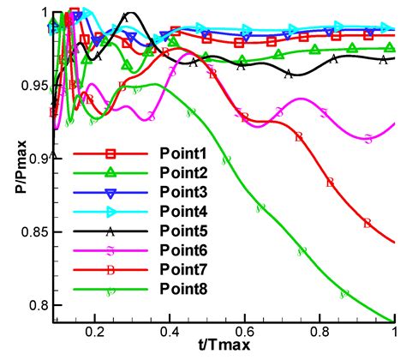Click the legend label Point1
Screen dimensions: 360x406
coord(184,153)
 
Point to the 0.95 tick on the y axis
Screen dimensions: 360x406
coord(33,86)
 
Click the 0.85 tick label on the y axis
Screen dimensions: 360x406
coord(33,232)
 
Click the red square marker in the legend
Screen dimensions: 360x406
coord(110,153)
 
